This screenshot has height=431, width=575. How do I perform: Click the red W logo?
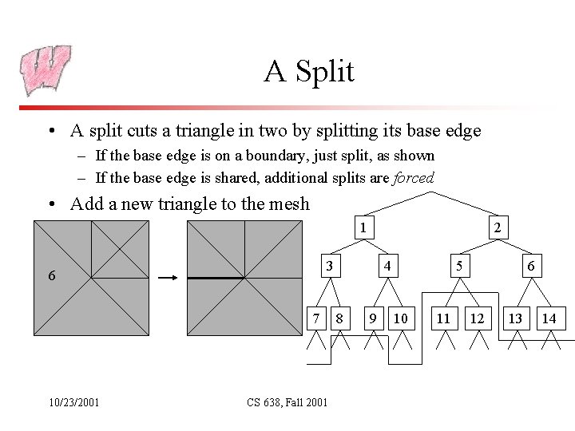[x=46, y=70]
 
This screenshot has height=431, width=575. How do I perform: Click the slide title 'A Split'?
[x=309, y=72]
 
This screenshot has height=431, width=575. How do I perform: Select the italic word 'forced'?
[x=414, y=178]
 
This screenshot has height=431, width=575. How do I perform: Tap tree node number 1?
[x=363, y=228]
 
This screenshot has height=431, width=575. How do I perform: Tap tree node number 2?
[x=498, y=228]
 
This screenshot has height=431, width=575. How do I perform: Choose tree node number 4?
[x=387, y=265]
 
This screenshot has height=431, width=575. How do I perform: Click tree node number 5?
[x=459, y=265]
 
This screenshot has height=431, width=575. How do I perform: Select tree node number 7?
[x=317, y=318]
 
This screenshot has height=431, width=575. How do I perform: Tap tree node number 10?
[x=401, y=318]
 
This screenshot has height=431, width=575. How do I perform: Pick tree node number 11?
[x=443, y=318]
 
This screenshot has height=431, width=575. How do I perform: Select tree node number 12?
[x=478, y=318]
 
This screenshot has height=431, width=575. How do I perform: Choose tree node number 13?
[x=515, y=318]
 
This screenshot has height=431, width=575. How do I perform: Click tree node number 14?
[x=549, y=318]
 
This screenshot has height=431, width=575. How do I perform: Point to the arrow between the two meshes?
[x=168, y=278]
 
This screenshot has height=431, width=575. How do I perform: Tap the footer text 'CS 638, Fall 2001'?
[x=286, y=402]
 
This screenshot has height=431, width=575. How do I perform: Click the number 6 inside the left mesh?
[x=51, y=276]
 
